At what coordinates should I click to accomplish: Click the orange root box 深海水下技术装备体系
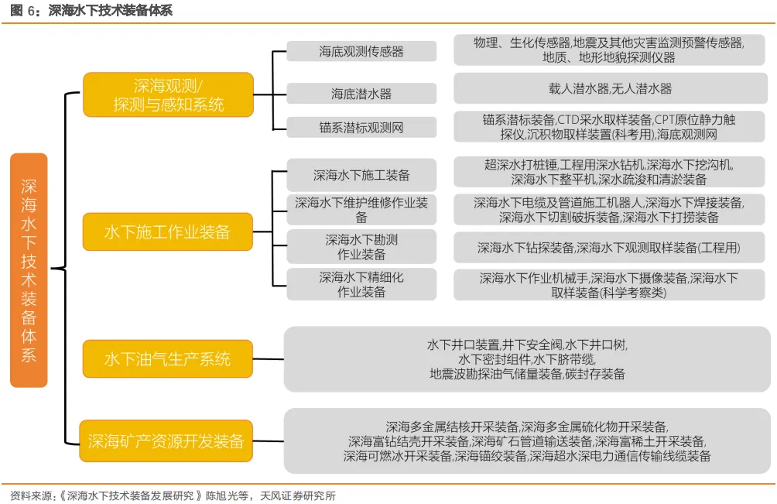pos(29,270)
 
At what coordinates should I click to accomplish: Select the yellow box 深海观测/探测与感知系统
pos(169,94)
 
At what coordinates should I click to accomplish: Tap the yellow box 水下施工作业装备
pos(167,231)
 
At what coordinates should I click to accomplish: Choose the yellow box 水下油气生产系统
pos(167,358)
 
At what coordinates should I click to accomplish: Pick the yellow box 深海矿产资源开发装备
pos(166,441)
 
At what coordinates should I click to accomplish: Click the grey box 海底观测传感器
pos(361,51)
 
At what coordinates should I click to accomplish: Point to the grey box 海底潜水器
pos(361,94)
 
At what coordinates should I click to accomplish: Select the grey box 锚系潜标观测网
pos(361,128)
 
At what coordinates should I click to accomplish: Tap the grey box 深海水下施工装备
pos(361,175)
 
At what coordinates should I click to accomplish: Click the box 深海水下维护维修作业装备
pos(361,210)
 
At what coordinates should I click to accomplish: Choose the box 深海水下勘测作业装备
pos(361,247)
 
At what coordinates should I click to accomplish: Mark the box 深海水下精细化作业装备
pos(361,284)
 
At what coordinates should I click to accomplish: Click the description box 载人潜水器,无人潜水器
pos(610,88)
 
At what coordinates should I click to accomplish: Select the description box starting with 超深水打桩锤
pos(609,172)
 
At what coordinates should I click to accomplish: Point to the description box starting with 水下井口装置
pos(527,359)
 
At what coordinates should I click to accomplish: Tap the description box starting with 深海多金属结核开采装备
pos(527,441)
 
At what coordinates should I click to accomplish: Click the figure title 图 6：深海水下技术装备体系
pos(91,10)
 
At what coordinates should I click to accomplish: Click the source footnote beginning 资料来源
pos(173,495)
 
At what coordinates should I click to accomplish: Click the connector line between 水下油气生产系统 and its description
pos(268,358)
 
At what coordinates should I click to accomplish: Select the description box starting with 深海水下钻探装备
pos(609,247)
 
